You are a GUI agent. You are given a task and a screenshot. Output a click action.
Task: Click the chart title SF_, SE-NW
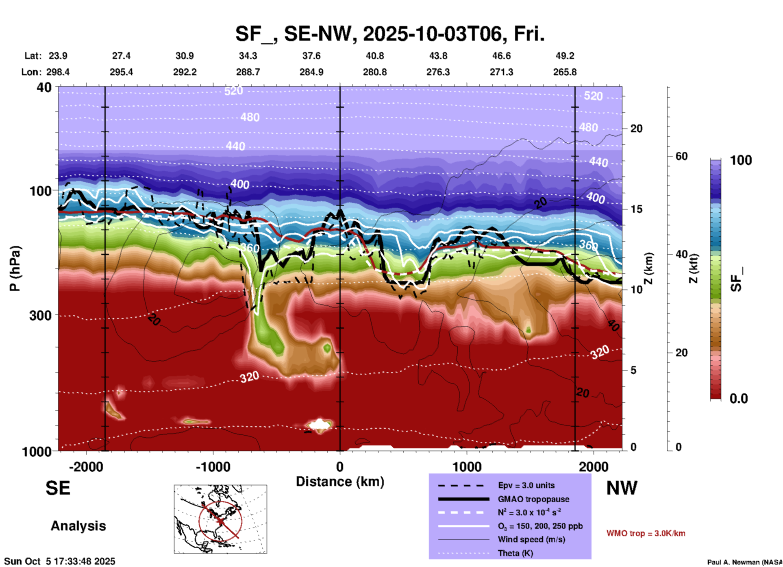pyautogui.click(x=389, y=34)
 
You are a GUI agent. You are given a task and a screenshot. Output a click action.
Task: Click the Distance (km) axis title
pyautogui.click(x=340, y=482)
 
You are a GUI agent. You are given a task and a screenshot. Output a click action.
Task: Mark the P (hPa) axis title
pyautogui.click(x=15, y=268)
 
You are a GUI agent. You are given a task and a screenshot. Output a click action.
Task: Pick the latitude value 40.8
pyautogui.click(x=374, y=56)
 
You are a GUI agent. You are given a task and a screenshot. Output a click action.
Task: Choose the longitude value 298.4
pyautogui.click(x=58, y=72)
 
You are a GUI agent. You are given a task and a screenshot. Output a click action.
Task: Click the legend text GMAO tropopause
pyautogui.click(x=533, y=499)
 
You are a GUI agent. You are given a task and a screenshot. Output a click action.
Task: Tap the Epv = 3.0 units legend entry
pyautogui.click(x=526, y=485)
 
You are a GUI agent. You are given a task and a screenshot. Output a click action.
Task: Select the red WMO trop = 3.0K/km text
pyautogui.click(x=646, y=533)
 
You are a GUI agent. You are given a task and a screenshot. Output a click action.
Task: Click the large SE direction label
pyautogui.click(x=58, y=488)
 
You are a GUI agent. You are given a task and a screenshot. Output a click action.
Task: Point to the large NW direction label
pyautogui.click(x=622, y=488)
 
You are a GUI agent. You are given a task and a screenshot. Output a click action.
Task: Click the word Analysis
pyautogui.click(x=78, y=526)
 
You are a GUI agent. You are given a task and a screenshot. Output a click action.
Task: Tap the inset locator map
pyautogui.click(x=220, y=519)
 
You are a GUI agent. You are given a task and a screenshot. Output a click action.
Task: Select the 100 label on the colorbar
pyautogui.click(x=741, y=160)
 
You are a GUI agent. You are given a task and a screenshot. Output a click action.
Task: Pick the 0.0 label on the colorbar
pyautogui.click(x=739, y=399)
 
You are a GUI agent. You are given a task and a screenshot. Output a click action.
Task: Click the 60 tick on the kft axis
pyautogui.click(x=681, y=156)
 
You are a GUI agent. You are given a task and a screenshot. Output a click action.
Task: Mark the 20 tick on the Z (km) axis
pyautogui.click(x=636, y=129)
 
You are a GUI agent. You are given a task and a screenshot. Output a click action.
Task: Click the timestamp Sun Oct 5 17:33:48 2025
pyautogui.click(x=60, y=561)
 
